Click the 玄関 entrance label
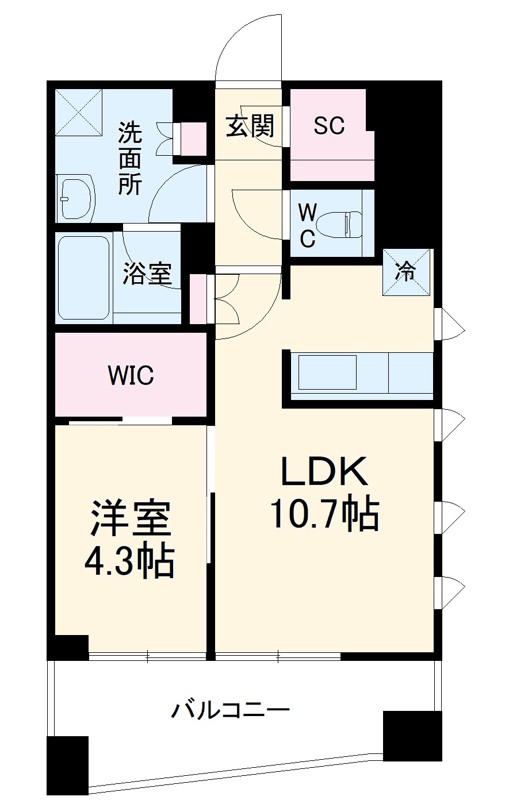[250, 126]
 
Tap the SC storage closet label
[329, 125]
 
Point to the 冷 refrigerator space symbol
[407, 272]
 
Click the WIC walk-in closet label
[131, 375]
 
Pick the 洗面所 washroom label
[130, 158]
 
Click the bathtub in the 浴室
[83, 278]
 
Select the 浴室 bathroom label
[147, 274]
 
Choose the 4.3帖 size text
[130, 561]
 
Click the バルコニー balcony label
[230, 710]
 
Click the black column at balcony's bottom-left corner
[68, 764]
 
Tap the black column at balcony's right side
[412, 736]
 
